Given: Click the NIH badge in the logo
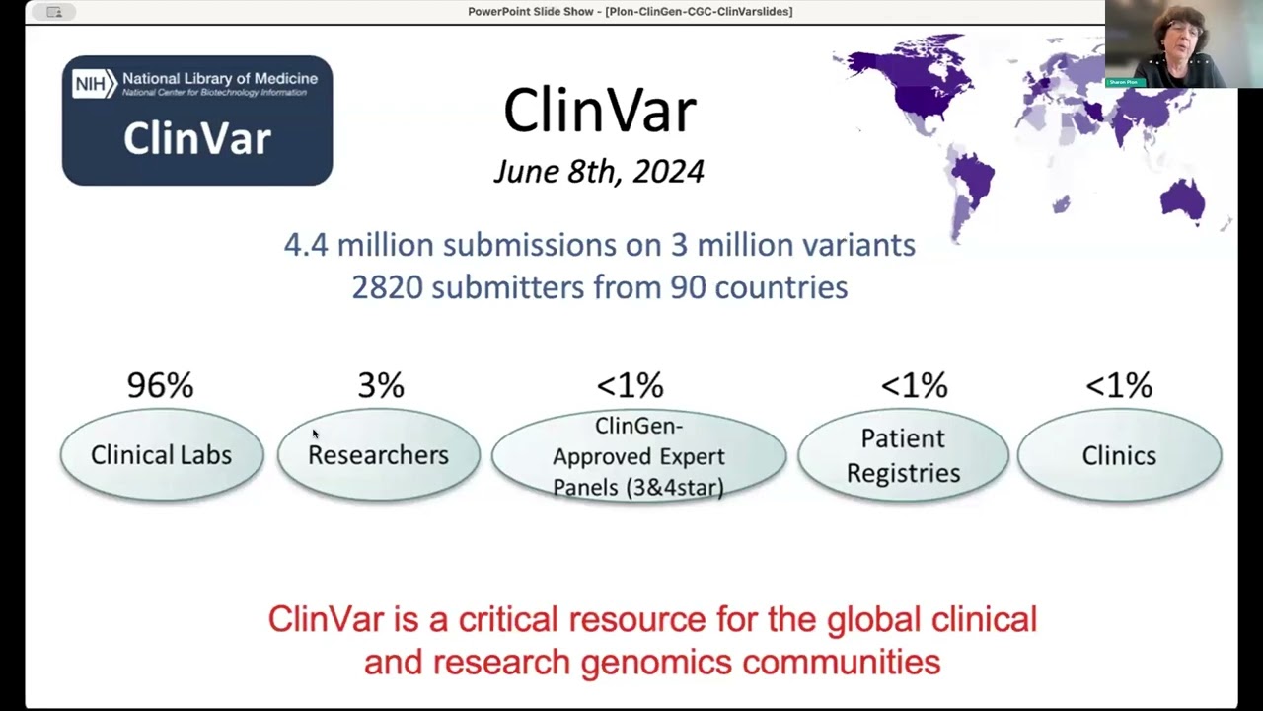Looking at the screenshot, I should click(92, 84).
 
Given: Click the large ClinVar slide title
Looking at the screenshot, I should click(600, 111).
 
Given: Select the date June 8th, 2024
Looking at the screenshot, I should click(599, 172).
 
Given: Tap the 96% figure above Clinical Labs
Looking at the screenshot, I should click(160, 385).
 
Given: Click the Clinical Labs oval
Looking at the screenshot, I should click(161, 455).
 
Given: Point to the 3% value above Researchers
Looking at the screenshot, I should click(381, 385).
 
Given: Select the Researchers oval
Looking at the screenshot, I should click(378, 455).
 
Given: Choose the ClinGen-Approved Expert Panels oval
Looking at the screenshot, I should click(638, 456).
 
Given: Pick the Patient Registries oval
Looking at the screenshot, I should click(903, 455).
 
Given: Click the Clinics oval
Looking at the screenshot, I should click(1119, 455).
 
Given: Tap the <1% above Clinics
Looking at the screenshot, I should click(1119, 385).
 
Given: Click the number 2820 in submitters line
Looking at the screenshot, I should click(387, 287).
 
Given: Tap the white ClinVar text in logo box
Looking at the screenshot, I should click(196, 139).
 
